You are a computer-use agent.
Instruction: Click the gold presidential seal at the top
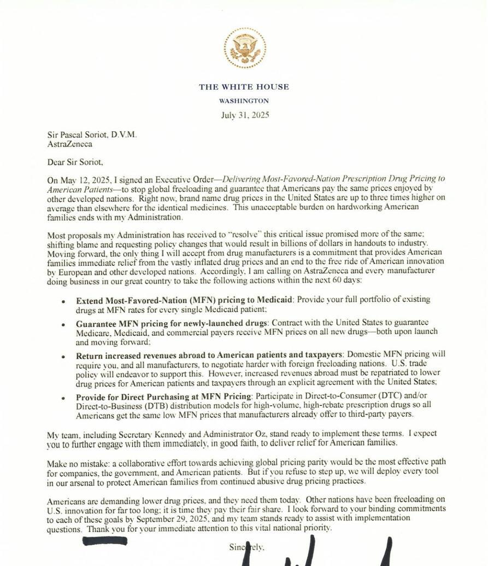(x=244, y=48)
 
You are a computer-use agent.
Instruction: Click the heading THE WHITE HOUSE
(x=244, y=87)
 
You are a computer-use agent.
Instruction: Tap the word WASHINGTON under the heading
(x=244, y=101)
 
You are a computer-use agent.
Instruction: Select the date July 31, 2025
(x=245, y=115)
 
